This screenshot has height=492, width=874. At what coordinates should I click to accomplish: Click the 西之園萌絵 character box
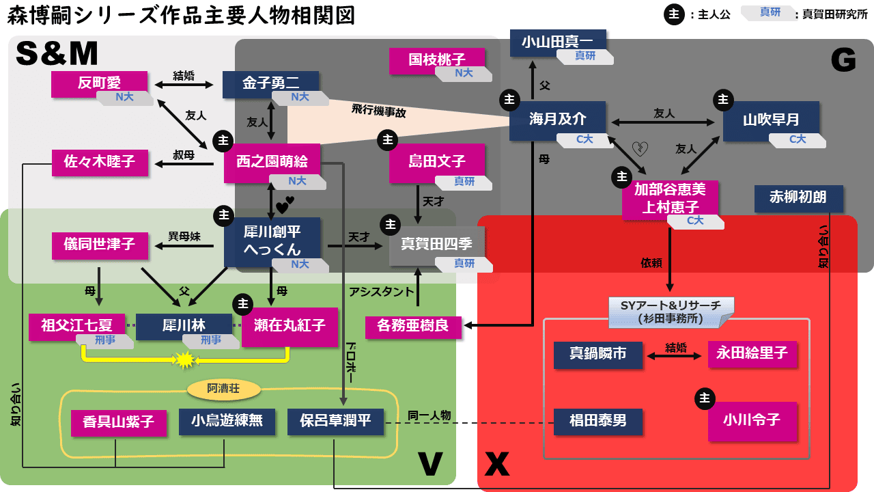pos(272,162)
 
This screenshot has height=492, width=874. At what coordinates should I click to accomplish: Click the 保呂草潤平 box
pos(335,421)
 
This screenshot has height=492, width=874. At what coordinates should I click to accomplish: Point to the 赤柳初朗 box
pos(798,198)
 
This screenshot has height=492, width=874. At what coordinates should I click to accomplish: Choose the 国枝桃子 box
pos(437,60)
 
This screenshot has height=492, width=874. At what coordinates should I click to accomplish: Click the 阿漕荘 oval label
pos(223,389)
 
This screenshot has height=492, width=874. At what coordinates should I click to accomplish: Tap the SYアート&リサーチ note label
pos(670,311)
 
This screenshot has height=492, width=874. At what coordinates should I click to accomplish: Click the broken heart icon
pos(640,148)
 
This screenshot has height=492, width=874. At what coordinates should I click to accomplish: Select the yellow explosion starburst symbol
pos(185,359)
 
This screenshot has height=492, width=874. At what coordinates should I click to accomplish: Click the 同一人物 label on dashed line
pos(429,415)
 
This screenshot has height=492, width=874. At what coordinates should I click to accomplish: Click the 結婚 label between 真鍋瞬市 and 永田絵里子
pos(675,347)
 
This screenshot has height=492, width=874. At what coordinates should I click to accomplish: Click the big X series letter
pos(497,464)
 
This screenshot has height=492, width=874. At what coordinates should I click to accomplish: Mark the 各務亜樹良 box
pos(413,326)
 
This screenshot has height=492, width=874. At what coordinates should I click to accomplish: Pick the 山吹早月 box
pos(771,120)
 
